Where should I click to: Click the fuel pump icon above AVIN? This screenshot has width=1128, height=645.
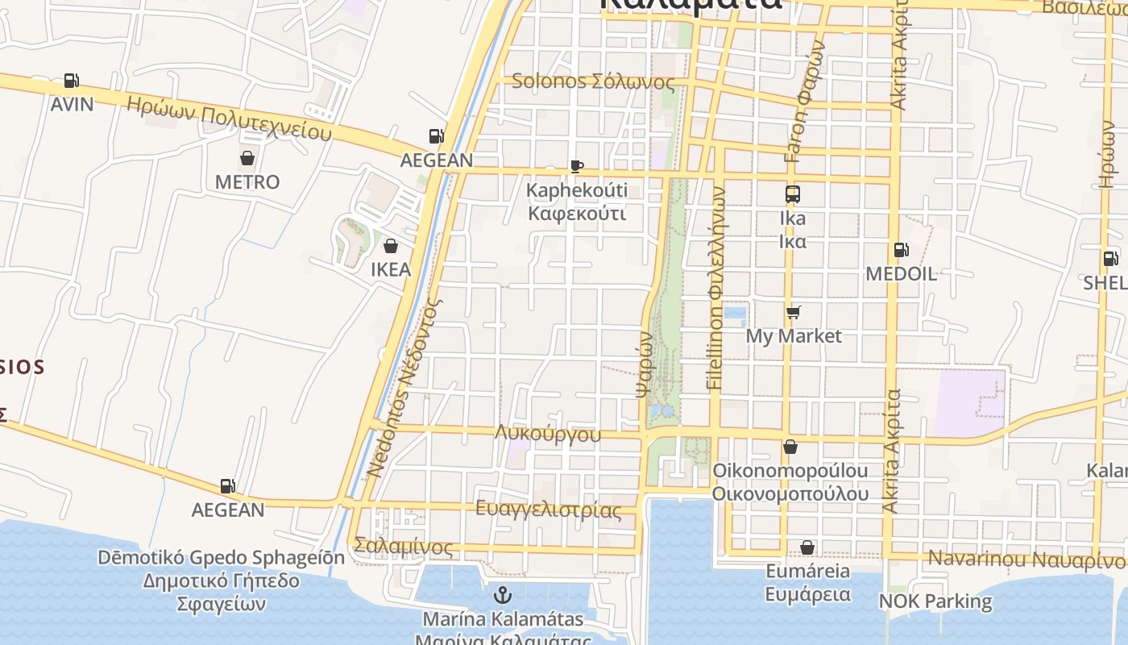coord(72,81)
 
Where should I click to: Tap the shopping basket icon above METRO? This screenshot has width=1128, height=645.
coord(247,158)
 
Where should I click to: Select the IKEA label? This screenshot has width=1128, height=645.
coord(391,269)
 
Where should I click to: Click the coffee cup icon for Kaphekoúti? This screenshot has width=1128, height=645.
coord(576,166)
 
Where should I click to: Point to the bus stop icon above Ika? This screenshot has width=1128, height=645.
coord(793,194)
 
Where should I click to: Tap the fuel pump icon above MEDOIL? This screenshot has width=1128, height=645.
coord(900,250)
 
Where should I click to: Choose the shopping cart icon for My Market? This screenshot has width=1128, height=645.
coord(794,312)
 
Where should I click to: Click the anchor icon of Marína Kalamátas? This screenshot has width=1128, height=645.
coord(503,596)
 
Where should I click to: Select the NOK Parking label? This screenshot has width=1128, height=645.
coord(935,601)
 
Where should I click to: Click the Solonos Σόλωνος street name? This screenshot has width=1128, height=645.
coord(593,81)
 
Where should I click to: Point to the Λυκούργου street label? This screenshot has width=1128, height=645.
coord(548,434)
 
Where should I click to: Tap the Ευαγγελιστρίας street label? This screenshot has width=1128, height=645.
coord(549,510)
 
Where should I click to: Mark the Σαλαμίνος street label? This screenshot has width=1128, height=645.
coord(404,547)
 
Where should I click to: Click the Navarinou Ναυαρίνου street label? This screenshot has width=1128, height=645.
coord(1025,559)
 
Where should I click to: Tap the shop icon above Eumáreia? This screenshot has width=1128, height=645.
coord(807,548)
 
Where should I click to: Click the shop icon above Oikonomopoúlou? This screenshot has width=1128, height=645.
coord(790,447)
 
